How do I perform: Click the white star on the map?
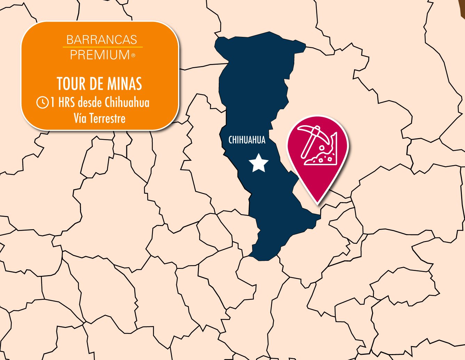coord(258,163)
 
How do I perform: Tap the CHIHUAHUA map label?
coord(247,140)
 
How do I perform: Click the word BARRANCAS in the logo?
coord(102,40)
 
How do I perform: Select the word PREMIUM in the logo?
coord(100,55)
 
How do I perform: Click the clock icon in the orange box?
coord(42,102)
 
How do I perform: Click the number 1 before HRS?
coord(53,102)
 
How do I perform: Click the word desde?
coord(90,102)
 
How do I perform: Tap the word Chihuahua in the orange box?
coord(127,102)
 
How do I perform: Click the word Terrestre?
coord(107,118)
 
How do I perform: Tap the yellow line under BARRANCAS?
coord(103,47)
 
